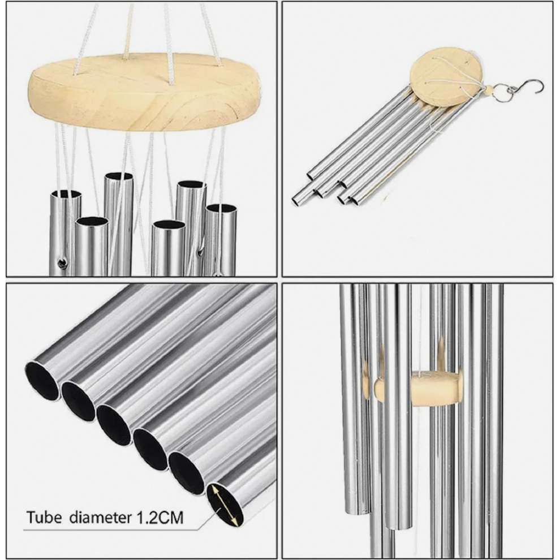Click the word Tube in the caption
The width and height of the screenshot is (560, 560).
point(44,517)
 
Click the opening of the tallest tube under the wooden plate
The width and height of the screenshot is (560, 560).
point(119,176)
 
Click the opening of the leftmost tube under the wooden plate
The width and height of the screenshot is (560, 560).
point(66,194)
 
